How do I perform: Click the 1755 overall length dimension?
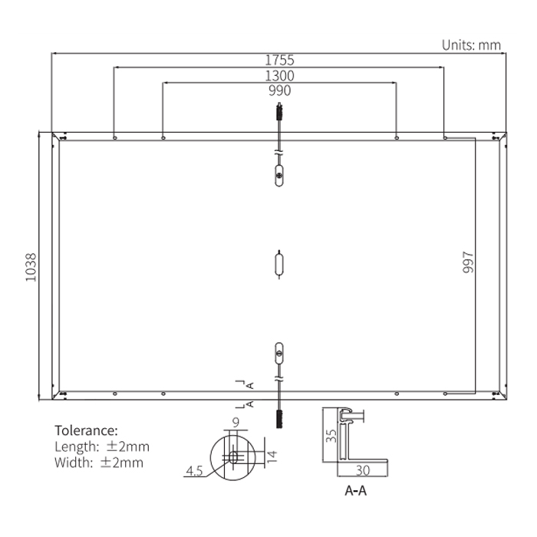(279, 60)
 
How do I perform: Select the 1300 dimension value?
(279, 76)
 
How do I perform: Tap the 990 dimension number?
(279, 91)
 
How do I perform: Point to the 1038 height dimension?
(31, 268)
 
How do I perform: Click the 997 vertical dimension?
(468, 262)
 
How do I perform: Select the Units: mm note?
(471, 44)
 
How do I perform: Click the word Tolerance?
(86, 430)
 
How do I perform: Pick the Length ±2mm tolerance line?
(102, 446)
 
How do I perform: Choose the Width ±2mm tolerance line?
(99, 463)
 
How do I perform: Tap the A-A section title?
(355, 491)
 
